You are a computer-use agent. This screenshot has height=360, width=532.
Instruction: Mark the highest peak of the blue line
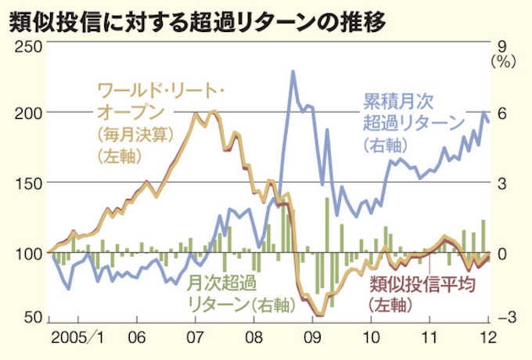pyautogui.click(x=293, y=71)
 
